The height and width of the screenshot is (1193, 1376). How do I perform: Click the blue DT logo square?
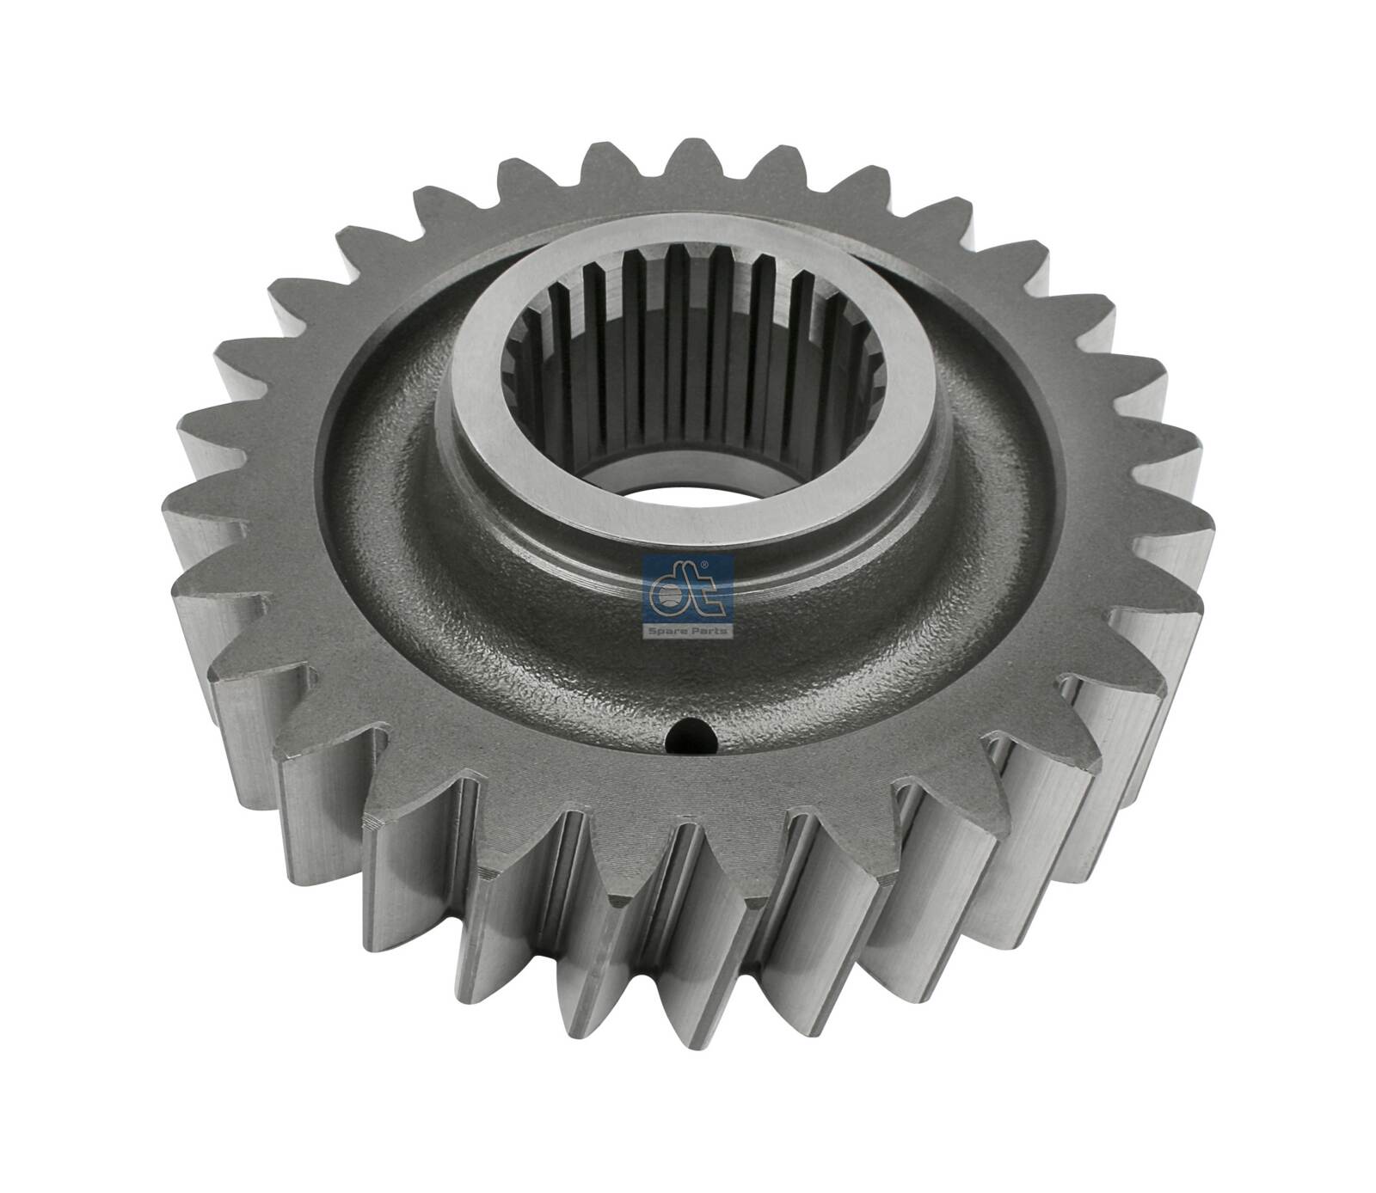click(x=688, y=594)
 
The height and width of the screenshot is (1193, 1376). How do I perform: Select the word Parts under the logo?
click(x=710, y=630)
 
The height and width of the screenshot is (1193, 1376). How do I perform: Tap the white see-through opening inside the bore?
click(x=682, y=496)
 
